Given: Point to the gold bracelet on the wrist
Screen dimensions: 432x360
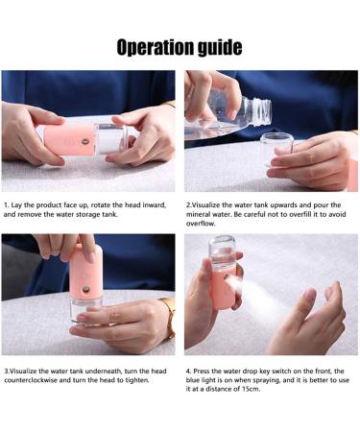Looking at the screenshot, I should (x=168, y=319).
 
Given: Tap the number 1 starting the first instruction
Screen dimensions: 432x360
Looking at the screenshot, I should (x=6, y=205).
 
